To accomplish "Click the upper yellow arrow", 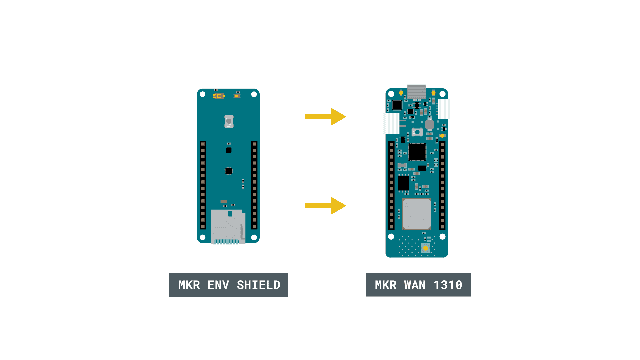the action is [326, 117].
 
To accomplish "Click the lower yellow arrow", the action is [326, 206].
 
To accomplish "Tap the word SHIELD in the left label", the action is [259, 285].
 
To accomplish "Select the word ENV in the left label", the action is [218, 285].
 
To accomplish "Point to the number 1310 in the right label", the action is [448, 285].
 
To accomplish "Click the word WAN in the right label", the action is [415, 285].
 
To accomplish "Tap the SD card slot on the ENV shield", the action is [228, 227].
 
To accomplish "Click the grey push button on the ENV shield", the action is [229, 121].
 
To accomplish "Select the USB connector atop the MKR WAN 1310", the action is [417, 92].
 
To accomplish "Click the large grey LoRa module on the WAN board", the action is [417, 214].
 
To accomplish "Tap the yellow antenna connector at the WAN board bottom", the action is [425, 248].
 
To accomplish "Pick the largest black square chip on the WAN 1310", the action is [417, 152].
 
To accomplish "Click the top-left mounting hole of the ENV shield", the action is [202, 94].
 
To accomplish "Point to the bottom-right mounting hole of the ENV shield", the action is [254, 237].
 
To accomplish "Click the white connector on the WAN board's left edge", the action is [392, 123].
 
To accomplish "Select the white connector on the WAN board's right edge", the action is [444, 109].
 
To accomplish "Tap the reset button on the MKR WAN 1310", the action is [417, 132].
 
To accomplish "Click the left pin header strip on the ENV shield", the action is [203, 185].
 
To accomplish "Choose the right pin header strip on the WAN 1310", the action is [442, 186].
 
